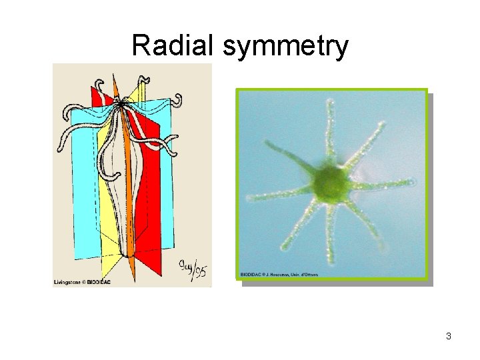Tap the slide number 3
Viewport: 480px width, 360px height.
pyautogui.click(x=449, y=336)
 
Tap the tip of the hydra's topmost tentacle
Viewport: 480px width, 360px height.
pyautogui.click(x=329, y=102)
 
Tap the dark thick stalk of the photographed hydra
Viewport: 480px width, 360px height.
pyautogui.click(x=290, y=157)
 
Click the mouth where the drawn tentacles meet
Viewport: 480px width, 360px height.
pyautogui.click(x=121, y=102)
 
